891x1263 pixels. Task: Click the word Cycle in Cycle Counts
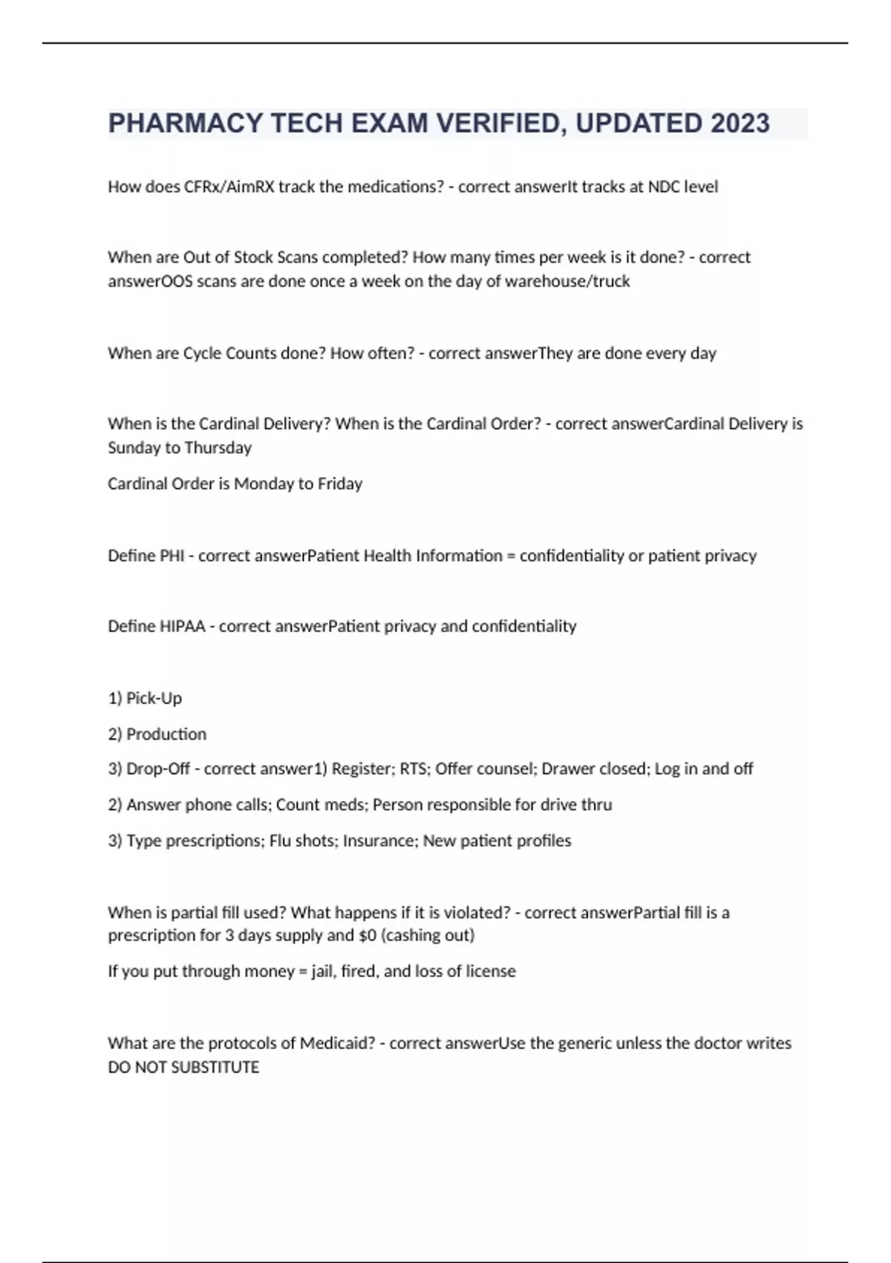click(202, 353)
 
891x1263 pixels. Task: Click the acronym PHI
click(172, 556)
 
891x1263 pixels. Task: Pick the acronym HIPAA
click(182, 626)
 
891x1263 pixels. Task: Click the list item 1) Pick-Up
click(145, 698)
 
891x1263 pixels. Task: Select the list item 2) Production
click(157, 734)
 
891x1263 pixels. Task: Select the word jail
click(322, 972)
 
